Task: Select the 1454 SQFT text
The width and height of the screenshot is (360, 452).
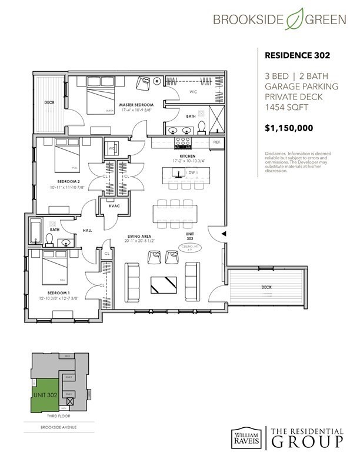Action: pyautogui.click(x=285, y=108)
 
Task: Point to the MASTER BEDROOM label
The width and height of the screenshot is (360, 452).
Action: pyautogui.click(x=125, y=105)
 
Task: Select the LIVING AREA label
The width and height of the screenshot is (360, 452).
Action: pyautogui.click(x=139, y=237)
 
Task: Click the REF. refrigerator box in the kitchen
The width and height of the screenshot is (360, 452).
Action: pyautogui.click(x=216, y=142)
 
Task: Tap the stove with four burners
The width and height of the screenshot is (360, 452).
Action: pyautogui.click(x=184, y=142)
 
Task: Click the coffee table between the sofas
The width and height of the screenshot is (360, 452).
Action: pyautogui.click(x=162, y=284)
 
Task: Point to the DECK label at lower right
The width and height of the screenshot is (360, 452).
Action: pyautogui.click(x=266, y=287)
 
